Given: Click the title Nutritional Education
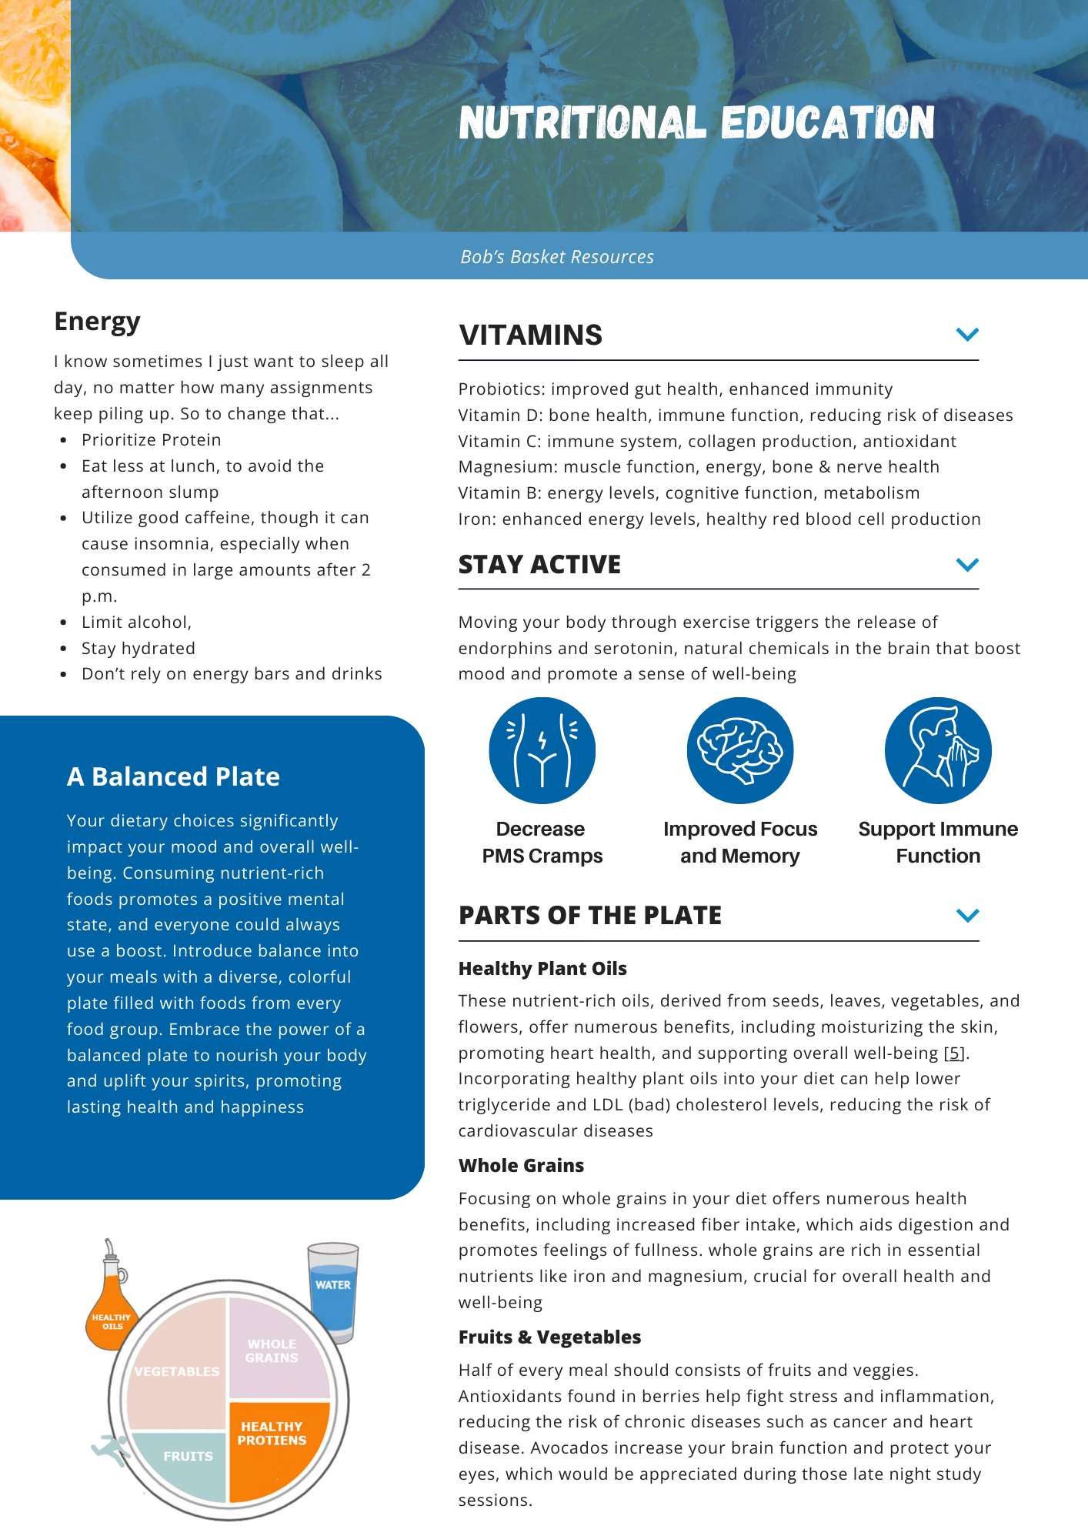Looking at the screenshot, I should tap(696, 123).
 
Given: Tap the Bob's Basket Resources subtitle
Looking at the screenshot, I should tap(557, 257).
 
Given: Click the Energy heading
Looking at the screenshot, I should tap(97, 321).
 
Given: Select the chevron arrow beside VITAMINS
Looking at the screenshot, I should tap(967, 334).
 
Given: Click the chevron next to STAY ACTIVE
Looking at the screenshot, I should tap(967, 565).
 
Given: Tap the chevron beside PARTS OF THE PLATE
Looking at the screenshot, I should tap(967, 915).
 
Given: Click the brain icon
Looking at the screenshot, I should tap(739, 750).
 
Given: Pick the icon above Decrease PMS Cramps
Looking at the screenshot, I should tap(542, 750).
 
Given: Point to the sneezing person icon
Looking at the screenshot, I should tap(938, 750).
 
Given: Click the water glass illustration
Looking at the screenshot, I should tap(333, 1289).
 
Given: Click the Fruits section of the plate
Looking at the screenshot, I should tap(185, 1462).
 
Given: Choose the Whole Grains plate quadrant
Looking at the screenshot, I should tap(277, 1350).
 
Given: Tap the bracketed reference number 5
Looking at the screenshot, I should tap(954, 1053).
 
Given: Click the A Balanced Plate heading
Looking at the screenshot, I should tap(173, 776).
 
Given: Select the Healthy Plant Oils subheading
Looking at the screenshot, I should tap(542, 969).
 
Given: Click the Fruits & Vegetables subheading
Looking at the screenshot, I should tap(549, 1337).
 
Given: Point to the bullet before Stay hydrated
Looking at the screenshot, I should tap(63, 649).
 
